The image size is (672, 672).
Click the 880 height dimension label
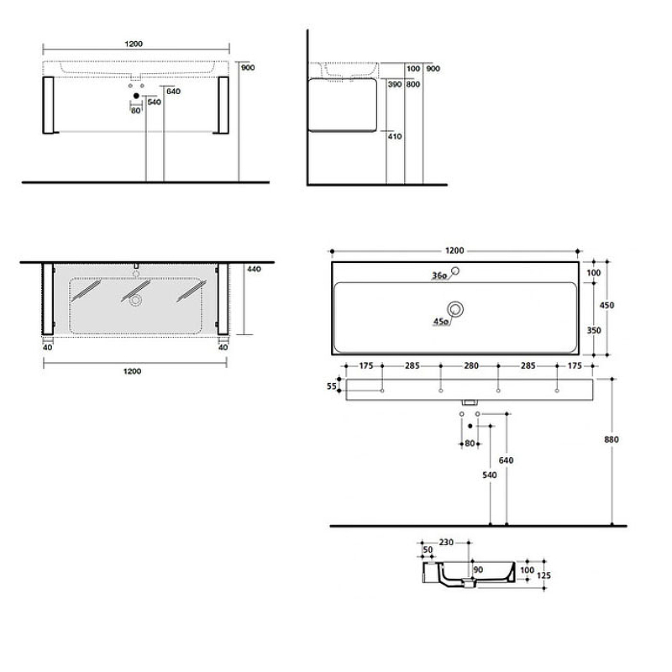(x=612, y=439)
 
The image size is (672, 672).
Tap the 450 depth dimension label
(x=606, y=305)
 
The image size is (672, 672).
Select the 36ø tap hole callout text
(x=439, y=276)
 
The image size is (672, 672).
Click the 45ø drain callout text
(x=440, y=322)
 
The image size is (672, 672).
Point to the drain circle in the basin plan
(x=455, y=309)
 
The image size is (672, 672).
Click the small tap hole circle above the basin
(x=455, y=270)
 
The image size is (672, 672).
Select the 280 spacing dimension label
(x=471, y=365)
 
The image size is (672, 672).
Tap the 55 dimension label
(x=331, y=386)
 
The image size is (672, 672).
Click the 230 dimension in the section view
(x=446, y=542)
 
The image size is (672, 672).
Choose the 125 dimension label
(x=543, y=575)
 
